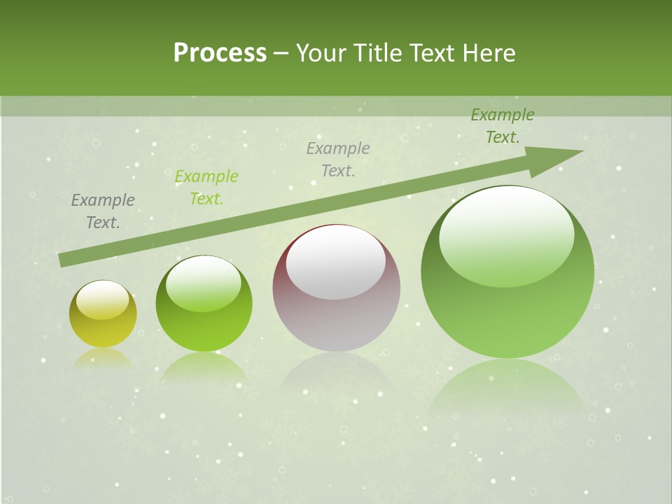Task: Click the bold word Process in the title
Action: (x=220, y=53)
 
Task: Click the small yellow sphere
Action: (x=103, y=325)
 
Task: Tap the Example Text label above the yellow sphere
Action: (x=103, y=211)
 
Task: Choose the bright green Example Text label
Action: (x=206, y=188)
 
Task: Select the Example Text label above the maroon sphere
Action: (x=338, y=160)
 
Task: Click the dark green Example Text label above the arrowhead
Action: (x=503, y=126)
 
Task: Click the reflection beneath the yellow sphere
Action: (x=103, y=358)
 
